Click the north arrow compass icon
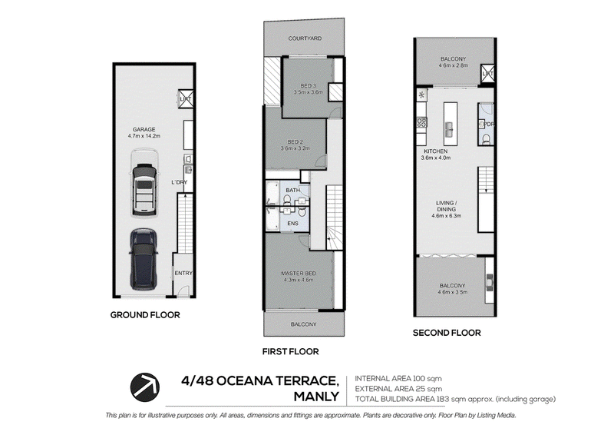(145, 387)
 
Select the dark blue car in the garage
(144, 260)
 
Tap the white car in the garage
(144, 183)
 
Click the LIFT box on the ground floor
(186, 98)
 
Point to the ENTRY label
(183, 273)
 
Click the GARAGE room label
(144, 129)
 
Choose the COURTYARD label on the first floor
(305, 38)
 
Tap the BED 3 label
(309, 85)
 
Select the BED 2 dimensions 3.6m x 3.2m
(295, 148)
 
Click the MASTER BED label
(299, 274)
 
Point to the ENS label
(293, 223)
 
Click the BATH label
(293, 191)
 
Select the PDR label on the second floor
(489, 125)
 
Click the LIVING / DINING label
(447, 206)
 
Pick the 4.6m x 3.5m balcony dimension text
(453, 292)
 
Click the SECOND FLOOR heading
(447, 333)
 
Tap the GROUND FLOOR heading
(145, 315)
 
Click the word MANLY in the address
(316, 397)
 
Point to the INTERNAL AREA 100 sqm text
(398, 379)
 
